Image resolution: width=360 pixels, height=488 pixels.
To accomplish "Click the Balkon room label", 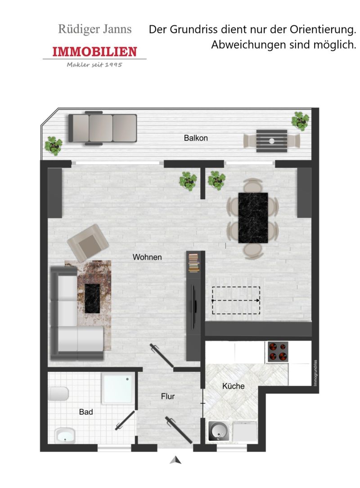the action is pos(196,138).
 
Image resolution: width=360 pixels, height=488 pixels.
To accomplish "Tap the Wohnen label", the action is pos(147,257).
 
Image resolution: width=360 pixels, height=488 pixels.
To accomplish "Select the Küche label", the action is pos(233,386).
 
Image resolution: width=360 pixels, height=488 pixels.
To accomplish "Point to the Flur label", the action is pos(167,396).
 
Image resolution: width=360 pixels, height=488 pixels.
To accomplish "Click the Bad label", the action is pos(86,412).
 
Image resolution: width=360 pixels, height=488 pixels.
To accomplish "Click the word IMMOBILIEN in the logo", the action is pos(94,52).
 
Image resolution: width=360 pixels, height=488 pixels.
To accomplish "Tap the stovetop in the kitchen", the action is pos(278,352).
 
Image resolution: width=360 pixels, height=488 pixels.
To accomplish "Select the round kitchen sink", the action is pos(218,431).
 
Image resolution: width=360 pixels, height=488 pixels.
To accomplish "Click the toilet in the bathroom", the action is pos(58,394).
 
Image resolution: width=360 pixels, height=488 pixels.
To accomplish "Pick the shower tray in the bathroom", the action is pos(119,389).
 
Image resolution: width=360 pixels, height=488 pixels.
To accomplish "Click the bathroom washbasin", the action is pos(65,435).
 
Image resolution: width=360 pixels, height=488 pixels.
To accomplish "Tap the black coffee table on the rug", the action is pos(93,299).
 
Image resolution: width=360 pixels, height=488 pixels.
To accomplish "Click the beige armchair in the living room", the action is pos(88,243).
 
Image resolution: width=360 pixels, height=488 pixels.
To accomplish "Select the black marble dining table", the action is pos(253,218).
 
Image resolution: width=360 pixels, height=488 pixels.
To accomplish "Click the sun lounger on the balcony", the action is pos(103,128).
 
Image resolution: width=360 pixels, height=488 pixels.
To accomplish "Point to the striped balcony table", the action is pos(271,141).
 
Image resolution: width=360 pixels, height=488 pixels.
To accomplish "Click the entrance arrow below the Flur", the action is pos(175,460).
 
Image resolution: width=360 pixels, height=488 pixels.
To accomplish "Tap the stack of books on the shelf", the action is pos(193,263).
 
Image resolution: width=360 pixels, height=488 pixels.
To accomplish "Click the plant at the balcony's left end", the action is pos(54,146).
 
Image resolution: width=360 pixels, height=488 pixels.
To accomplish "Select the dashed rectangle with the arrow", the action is pos(236,300).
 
